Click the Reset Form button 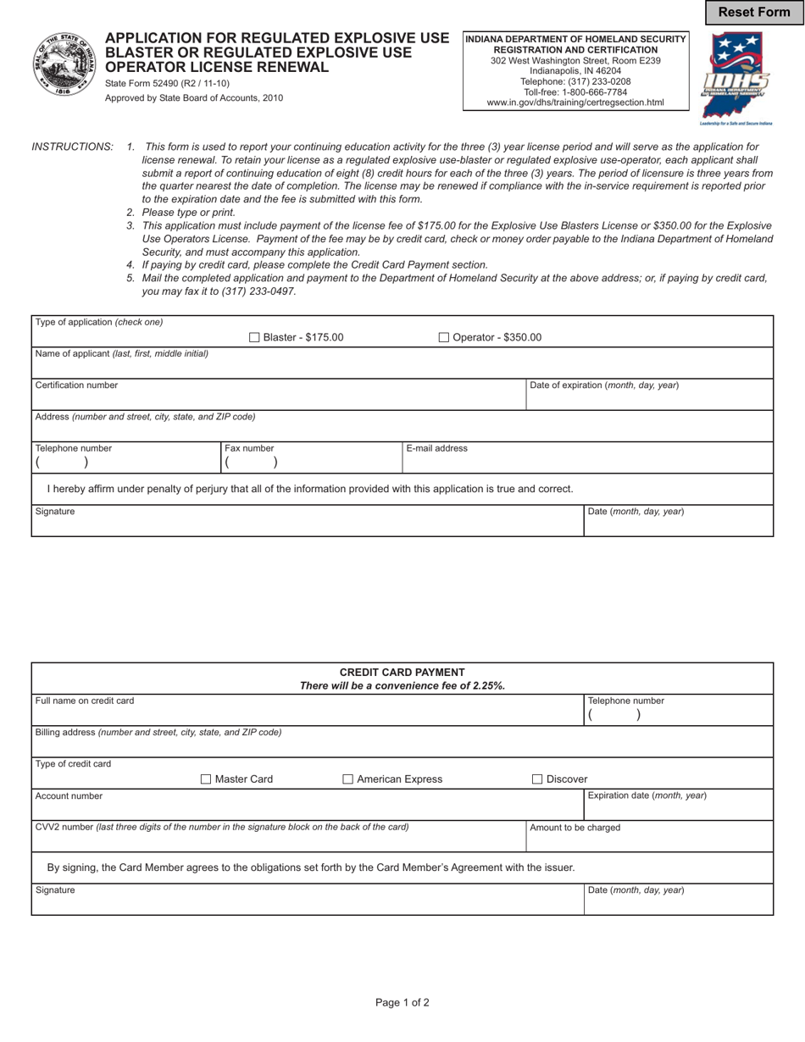753,12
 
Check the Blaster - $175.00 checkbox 254,338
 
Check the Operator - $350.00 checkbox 444,338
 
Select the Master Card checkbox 206,779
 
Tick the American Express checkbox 348,779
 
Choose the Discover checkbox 537,779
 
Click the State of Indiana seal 64,65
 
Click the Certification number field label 76,385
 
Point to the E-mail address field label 436,449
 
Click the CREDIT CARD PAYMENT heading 402,673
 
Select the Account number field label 69,796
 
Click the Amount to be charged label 575,828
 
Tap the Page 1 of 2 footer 402,1003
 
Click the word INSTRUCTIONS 72,147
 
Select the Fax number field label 249,449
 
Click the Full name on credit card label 84,701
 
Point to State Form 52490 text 167,84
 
